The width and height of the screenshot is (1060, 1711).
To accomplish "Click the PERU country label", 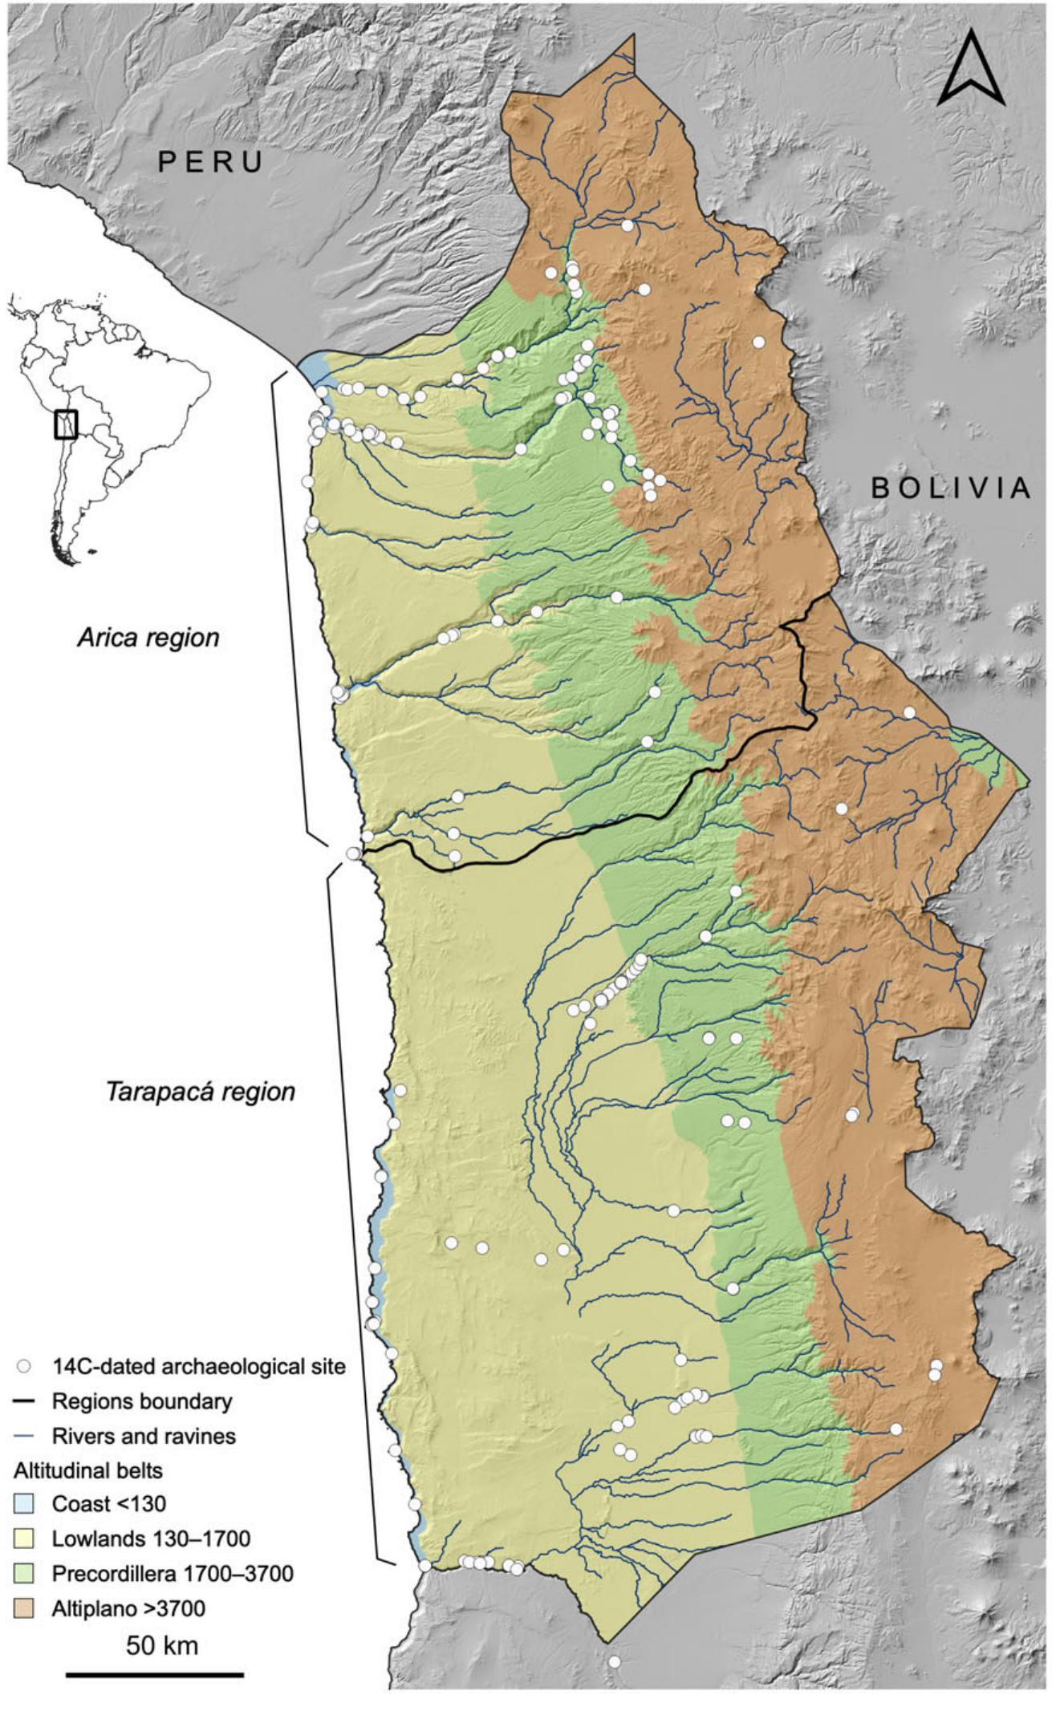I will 211,162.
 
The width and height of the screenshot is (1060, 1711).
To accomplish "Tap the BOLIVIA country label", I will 951,488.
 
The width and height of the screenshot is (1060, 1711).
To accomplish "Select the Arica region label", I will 148,638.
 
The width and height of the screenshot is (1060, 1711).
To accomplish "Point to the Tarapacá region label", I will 201,1092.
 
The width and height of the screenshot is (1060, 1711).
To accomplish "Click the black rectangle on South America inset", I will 66,424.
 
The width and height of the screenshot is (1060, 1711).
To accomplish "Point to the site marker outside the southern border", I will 614,1662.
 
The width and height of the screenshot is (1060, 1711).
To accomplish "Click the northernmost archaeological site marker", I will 627,225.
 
